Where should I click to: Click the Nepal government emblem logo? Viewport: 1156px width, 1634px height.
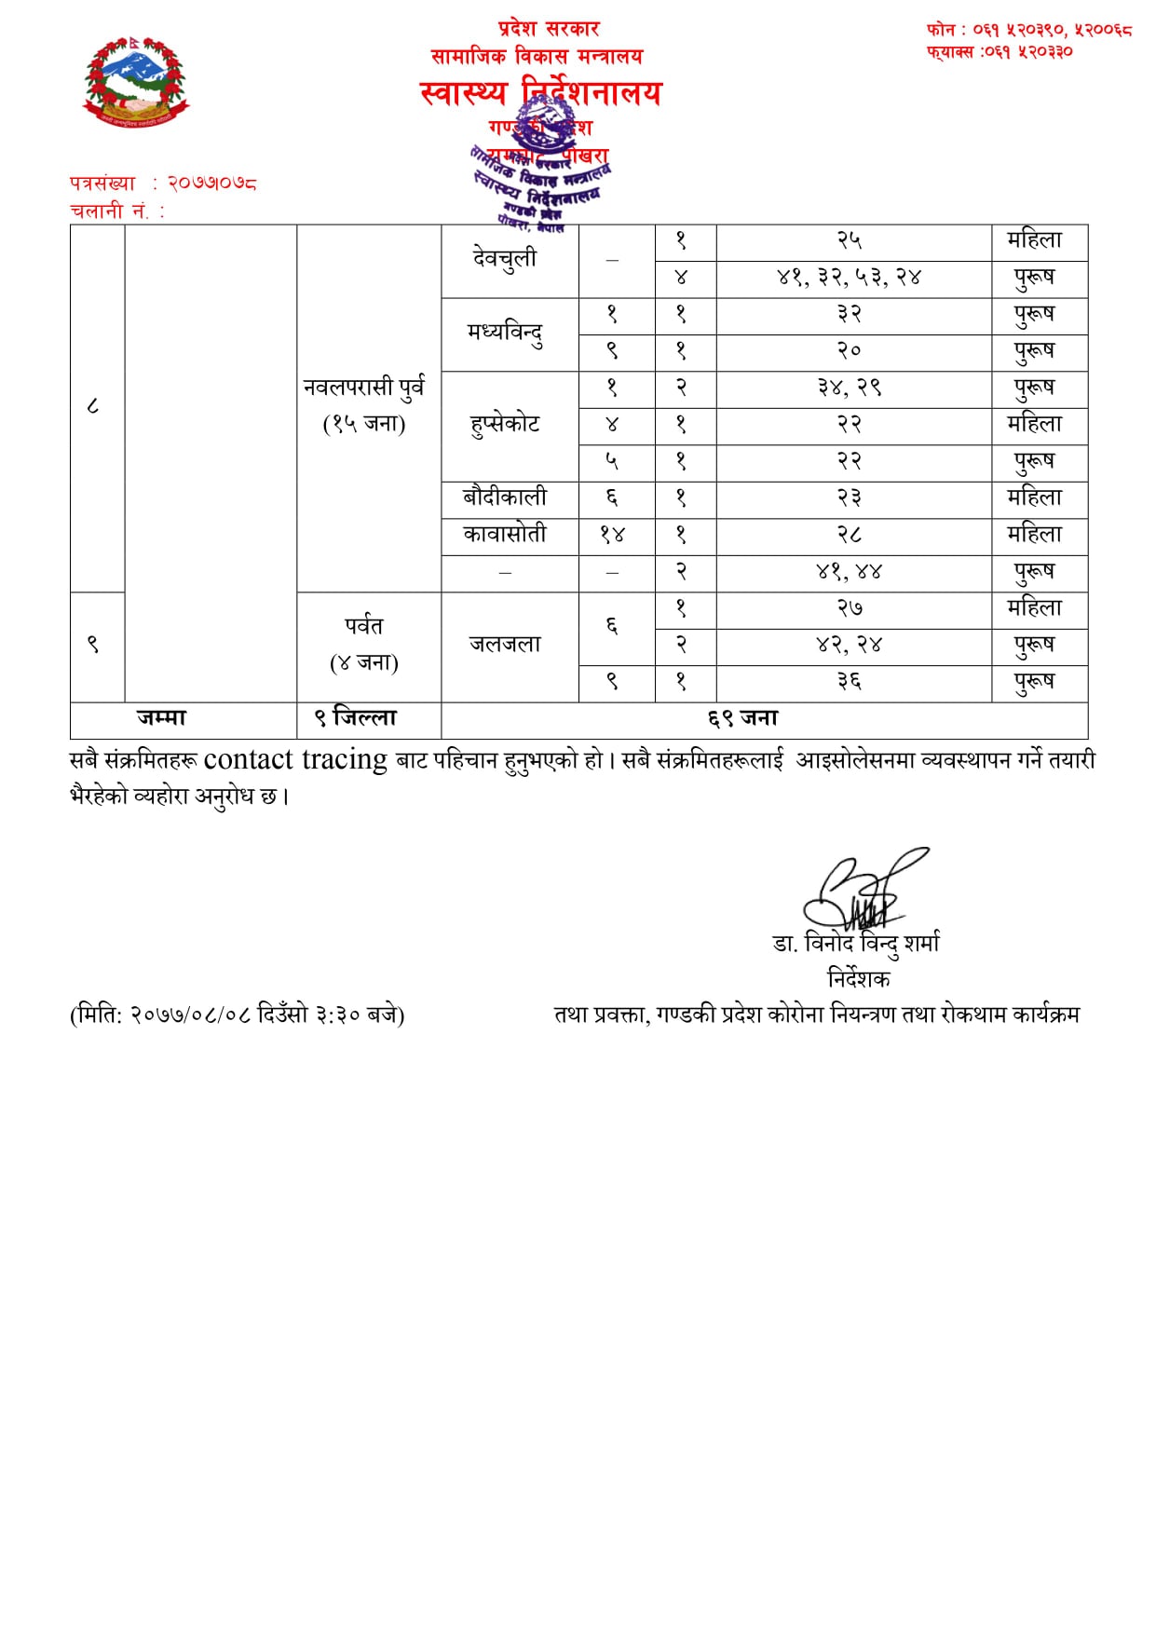[136, 82]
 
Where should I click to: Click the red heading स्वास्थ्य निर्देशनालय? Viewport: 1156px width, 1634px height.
[540, 93]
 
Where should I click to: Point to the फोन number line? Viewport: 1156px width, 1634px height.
[1028, 30]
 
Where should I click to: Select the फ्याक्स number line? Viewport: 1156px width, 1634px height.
[999, 52]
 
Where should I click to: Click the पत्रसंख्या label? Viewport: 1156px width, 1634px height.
[102, 184]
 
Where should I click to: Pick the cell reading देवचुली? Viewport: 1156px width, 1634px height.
[505, 259]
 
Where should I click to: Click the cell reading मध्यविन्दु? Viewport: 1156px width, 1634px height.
[505, 333]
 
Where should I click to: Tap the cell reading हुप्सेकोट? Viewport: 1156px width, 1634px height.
[505, 425]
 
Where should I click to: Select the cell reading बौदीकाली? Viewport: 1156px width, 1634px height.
[505, 498]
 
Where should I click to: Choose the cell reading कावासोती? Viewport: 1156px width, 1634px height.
[505, 535]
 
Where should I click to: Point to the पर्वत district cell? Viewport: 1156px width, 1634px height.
[364, 644]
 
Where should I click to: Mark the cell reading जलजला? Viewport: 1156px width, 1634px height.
[505, 645]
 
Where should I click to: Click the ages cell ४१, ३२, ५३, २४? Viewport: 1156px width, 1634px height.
[849, 278]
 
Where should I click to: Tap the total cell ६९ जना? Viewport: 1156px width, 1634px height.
[742, 718]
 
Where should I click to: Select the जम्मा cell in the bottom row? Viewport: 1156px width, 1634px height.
[162, 718]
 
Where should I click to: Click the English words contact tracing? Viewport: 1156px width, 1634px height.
[294, 760]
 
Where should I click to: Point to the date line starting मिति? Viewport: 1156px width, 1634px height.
[237, 1014]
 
